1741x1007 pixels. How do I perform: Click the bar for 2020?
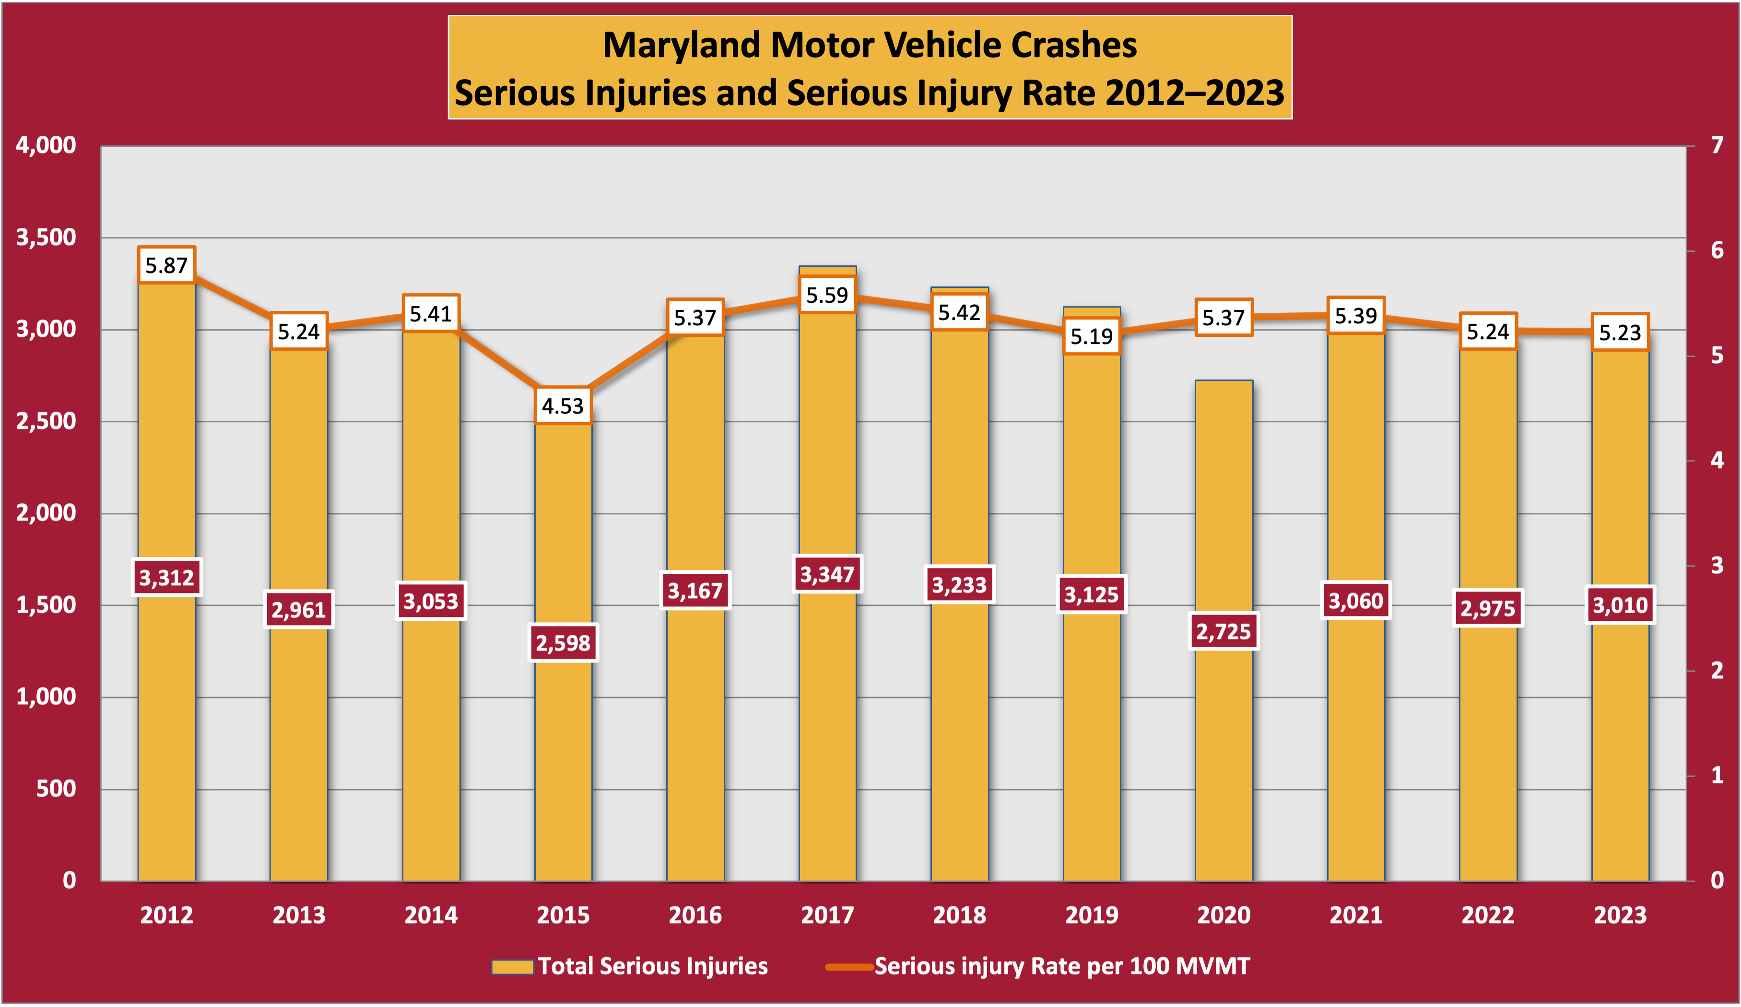point(1223,760)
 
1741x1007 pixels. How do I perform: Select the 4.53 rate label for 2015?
point(563,406)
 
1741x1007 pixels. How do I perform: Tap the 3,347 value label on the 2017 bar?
point(827,574)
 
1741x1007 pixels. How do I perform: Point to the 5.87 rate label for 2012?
point(166,265)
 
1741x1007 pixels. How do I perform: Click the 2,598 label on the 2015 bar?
point(563,643)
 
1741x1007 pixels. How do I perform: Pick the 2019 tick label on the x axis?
point(1092,915)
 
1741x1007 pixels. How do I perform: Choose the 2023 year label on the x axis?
point(1620,915)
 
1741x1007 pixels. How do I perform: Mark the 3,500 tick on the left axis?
point(47,237)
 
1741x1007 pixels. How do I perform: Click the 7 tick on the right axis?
point(1717,145)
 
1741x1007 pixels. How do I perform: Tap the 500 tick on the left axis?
point(56,789)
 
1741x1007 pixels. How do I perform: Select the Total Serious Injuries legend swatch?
point(513,966)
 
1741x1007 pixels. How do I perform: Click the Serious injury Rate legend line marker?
point(849,966)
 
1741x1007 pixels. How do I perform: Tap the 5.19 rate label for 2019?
point(1092,337)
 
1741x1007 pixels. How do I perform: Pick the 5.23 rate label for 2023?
point(1620,333)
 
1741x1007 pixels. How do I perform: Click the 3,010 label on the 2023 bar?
point(1620,605)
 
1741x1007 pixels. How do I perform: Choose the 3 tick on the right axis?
point(1717,565)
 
